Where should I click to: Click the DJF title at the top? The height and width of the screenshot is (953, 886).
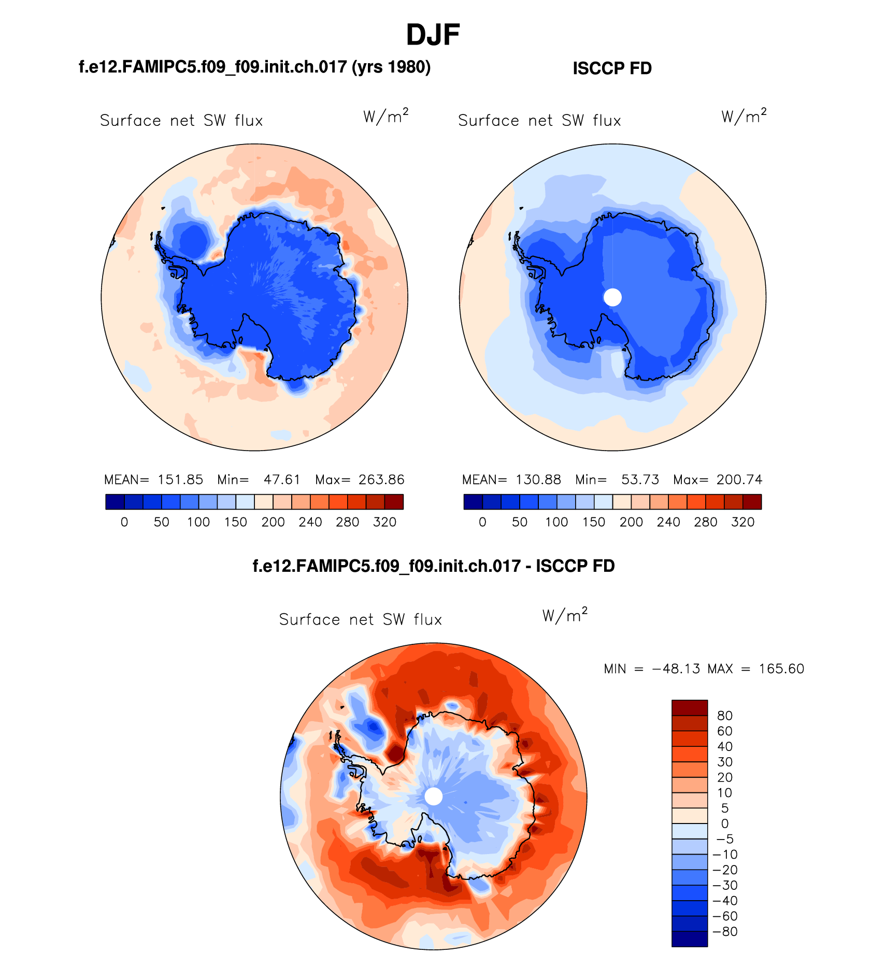(433, 35)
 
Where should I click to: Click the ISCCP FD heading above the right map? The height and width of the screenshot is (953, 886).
(612, 68)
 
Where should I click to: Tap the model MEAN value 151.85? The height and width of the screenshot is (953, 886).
(180, 480)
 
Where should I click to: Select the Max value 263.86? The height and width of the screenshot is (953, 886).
(381, 480)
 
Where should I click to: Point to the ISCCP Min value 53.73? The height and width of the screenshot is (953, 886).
(640, 480)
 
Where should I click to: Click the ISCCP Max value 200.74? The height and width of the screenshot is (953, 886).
(739, 480)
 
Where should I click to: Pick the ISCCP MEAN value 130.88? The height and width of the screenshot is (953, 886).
(538, 480)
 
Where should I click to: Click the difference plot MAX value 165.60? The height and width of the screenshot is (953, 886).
(781, 669)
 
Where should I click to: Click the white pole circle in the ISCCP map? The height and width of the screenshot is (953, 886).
(612, 297)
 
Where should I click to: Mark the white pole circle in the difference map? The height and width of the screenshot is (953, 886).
(434, 796)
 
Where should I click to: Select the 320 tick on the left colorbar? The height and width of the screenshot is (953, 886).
(384, 522)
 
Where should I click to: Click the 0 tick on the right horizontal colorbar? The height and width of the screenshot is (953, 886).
(482, 522)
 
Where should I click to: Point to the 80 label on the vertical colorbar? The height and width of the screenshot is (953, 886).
(724, 716)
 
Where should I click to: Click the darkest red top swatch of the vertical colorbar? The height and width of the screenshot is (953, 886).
(689, 707)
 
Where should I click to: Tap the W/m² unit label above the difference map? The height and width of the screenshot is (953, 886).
(565, 615)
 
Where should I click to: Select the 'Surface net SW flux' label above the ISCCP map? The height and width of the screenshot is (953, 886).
(539, 121)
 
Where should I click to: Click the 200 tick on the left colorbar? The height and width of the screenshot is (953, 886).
(273, 522)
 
